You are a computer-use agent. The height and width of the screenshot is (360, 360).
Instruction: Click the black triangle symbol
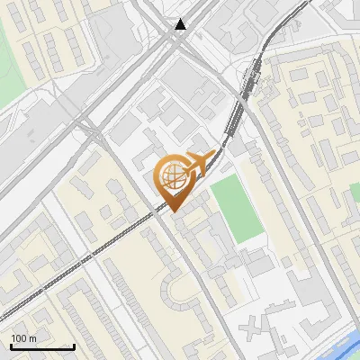pos(182,24)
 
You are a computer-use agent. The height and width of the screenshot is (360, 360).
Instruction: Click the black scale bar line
pos(42,346)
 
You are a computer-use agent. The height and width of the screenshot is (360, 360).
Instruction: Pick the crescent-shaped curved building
pos(176,290)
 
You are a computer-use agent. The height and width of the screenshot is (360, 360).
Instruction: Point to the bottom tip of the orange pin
pos(174,211)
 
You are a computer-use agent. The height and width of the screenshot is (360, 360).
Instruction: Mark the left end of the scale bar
pos(12,346)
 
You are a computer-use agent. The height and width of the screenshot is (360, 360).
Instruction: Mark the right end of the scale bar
pos(73,346)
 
